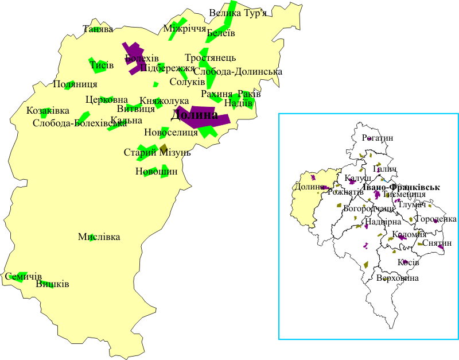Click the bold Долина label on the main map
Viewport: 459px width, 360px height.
point(195,115)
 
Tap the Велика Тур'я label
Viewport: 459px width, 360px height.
point(238,13)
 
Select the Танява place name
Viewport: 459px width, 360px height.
point(98,29)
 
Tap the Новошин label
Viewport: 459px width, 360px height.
point(157,171)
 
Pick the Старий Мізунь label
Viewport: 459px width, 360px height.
point(157,153)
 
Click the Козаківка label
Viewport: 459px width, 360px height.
point(48,110)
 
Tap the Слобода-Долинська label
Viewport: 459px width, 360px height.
point(238,72)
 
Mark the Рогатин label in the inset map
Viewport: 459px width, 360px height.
point(378,138)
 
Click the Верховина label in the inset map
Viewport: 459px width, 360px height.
point(398,278)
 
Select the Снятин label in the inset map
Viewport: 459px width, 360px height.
point(437,243)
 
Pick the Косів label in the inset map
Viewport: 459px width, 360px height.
point(408,262)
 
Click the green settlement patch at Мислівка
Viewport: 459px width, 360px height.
point(92,237)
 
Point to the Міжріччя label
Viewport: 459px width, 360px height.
point(185,29)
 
